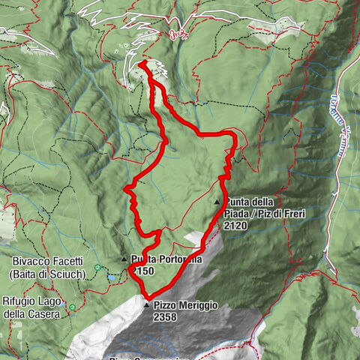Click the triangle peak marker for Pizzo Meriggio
click(x=146, y=305)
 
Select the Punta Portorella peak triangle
click(x=124, y=259)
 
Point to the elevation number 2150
click(x=142, y=270)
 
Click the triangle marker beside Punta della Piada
click(x=217, y=202)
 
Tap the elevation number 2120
click(x=235, y=224)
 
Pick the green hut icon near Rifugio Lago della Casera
click(x=72, y=307)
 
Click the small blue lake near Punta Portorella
click(x=112, y=277)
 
